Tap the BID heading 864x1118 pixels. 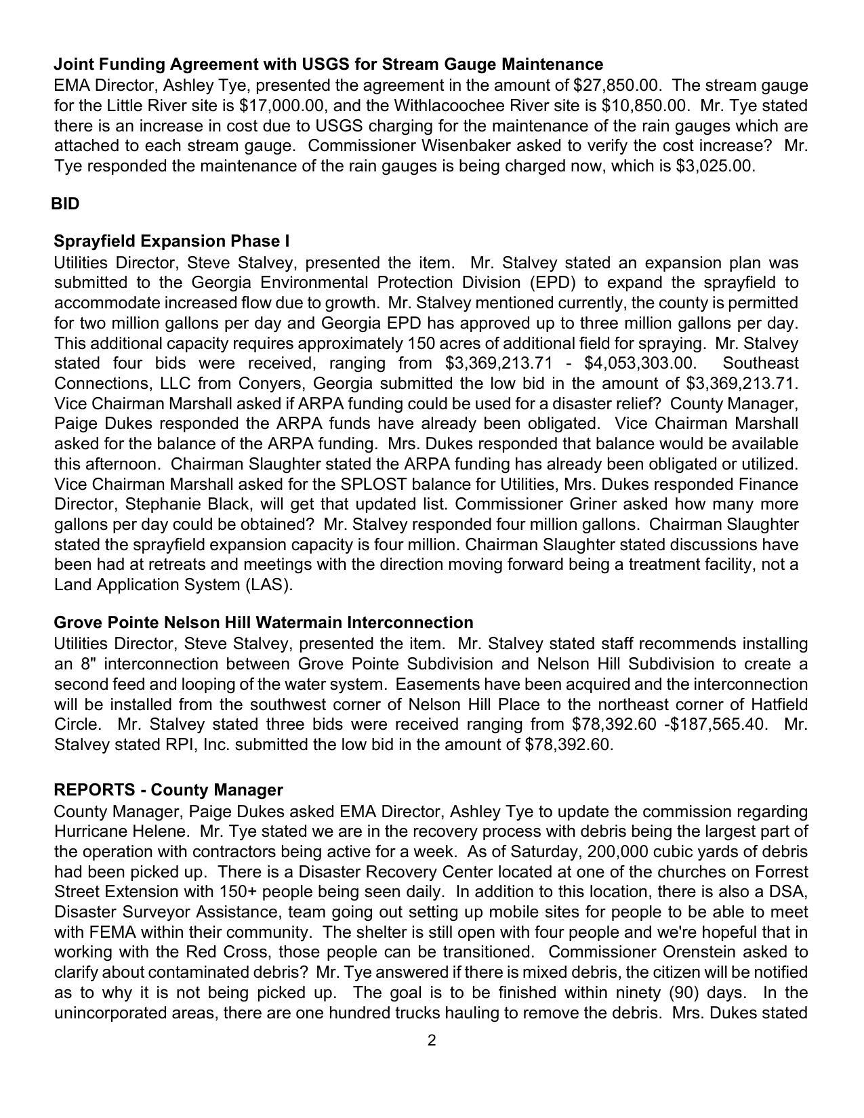pyautogui.click(x=65, y=204)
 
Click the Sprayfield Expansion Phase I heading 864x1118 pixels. pyautogui.click(x=171, y=241)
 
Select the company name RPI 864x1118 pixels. pyautogui.click(x=179, y=745)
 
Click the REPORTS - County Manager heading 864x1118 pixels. pyautogui.click(x=168, y=790)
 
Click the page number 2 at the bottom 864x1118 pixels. pyautogui.click(x=432, y=1041)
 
